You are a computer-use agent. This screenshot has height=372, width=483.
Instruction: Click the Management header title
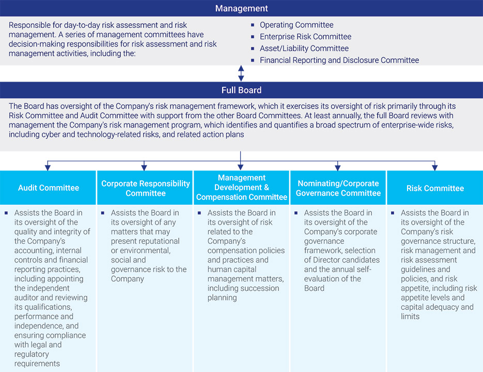(x=241, y=8)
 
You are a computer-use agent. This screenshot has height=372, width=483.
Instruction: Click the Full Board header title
(x=241, y=90)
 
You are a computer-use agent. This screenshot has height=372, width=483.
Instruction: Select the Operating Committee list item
(x=297, y=25)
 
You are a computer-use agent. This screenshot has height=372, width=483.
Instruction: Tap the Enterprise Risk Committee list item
(x=305, y=37)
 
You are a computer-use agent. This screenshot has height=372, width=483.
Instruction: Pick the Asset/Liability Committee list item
(x=304, y=49)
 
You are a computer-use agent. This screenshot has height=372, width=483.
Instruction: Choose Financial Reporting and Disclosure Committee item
(x=339, y=60)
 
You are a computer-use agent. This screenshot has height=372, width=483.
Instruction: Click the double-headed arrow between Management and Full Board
(x=241, y=73)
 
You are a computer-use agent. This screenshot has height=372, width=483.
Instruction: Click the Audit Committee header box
(x=49, y=188)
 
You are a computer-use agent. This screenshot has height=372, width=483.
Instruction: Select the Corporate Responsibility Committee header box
(x=145, y=188)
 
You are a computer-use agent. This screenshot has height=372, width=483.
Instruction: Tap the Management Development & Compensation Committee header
(x=241, y=188)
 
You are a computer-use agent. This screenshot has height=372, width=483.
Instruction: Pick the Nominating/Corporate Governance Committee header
(x=338, y=188)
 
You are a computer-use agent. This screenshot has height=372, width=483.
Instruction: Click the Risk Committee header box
(x=434, y=188)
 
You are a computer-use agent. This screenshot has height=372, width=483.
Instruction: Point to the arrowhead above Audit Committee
(x=48, y=167)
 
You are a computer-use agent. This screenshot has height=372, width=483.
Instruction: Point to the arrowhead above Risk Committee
(x=434, y=167)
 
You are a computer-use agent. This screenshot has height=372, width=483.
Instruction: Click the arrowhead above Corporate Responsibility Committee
(x=144, y=167)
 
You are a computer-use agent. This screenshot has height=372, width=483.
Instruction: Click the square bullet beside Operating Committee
(x=253, y=25)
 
